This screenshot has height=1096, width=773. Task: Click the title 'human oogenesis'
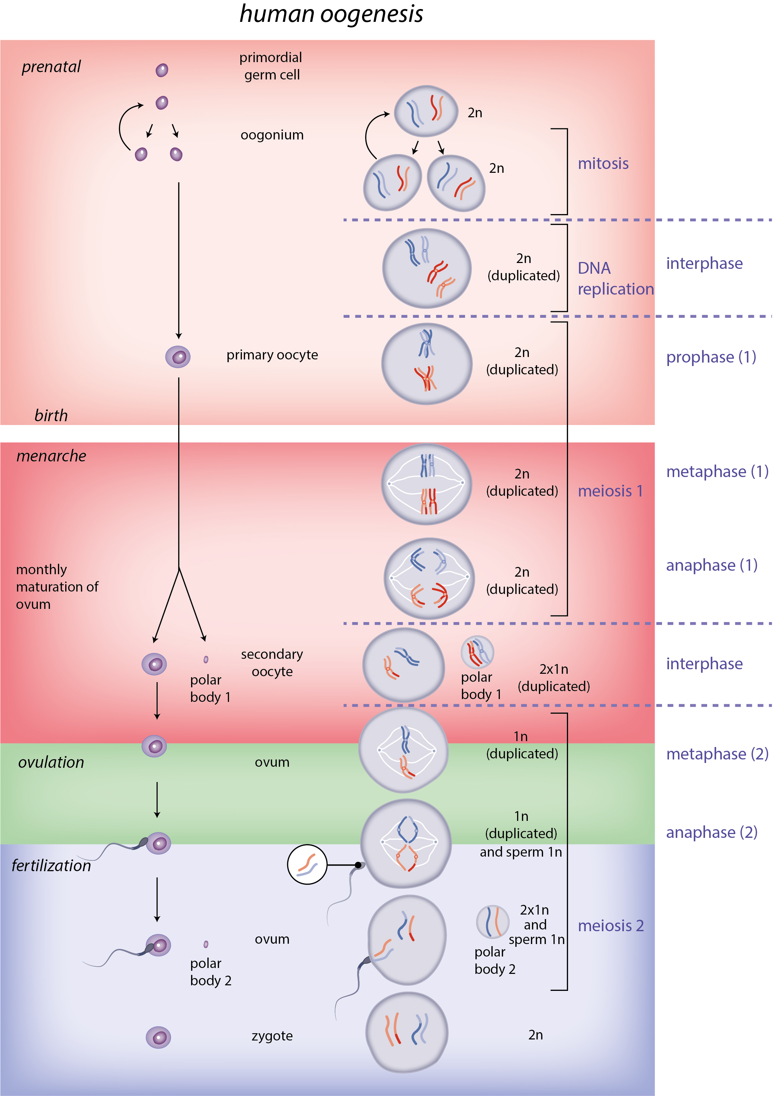pos(331,14)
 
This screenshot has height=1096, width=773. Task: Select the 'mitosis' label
pos(603,164)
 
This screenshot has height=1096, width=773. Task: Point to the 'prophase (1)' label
pos(711,357)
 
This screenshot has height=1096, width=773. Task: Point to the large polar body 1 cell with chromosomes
pos(477,652)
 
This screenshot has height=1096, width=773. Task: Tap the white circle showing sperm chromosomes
pos(307,865)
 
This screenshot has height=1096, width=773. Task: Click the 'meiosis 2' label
pos(610,926)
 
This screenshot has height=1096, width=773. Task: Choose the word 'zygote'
pos(272,1036)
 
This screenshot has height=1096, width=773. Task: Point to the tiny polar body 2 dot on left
pos(206,944)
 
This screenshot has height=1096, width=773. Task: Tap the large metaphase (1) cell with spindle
pos(426,485)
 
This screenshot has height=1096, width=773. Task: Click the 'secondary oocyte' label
pos(272,663)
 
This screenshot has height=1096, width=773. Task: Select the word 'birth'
pos(51,416)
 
